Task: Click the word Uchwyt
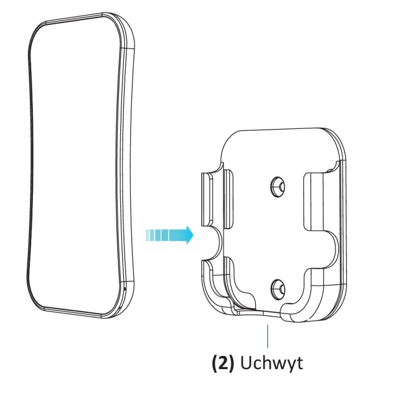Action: tap(271, 363)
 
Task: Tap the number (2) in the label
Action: tap(223, 363)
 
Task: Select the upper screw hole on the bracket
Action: tap(278, 187)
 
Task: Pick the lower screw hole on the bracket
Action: tap(278, 290)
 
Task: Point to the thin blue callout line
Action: tap(268, 336)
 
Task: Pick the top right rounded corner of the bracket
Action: tap(336, 141)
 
